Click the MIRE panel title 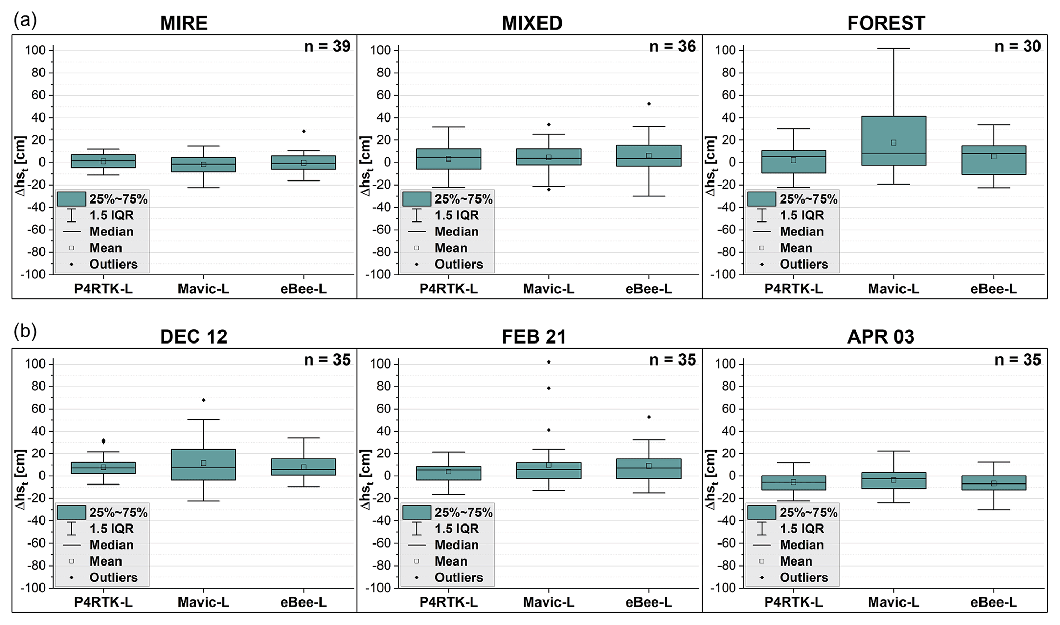[184, 23]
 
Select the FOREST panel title [886, 23]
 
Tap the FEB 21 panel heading [534, 337]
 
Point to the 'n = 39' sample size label [327, 47]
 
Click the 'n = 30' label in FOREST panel [1017, 47]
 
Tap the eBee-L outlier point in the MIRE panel [304, 131]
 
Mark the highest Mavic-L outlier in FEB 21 [549, 362]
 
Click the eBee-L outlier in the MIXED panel [649, 104]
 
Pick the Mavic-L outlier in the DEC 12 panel [204, 400]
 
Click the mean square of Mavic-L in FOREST [893, 143]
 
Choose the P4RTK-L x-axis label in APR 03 [793, 602]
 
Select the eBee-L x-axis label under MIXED [649, 289]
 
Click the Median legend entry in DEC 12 [111, 545]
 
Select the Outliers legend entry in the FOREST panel [804, 264]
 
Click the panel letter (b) [26, 331]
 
